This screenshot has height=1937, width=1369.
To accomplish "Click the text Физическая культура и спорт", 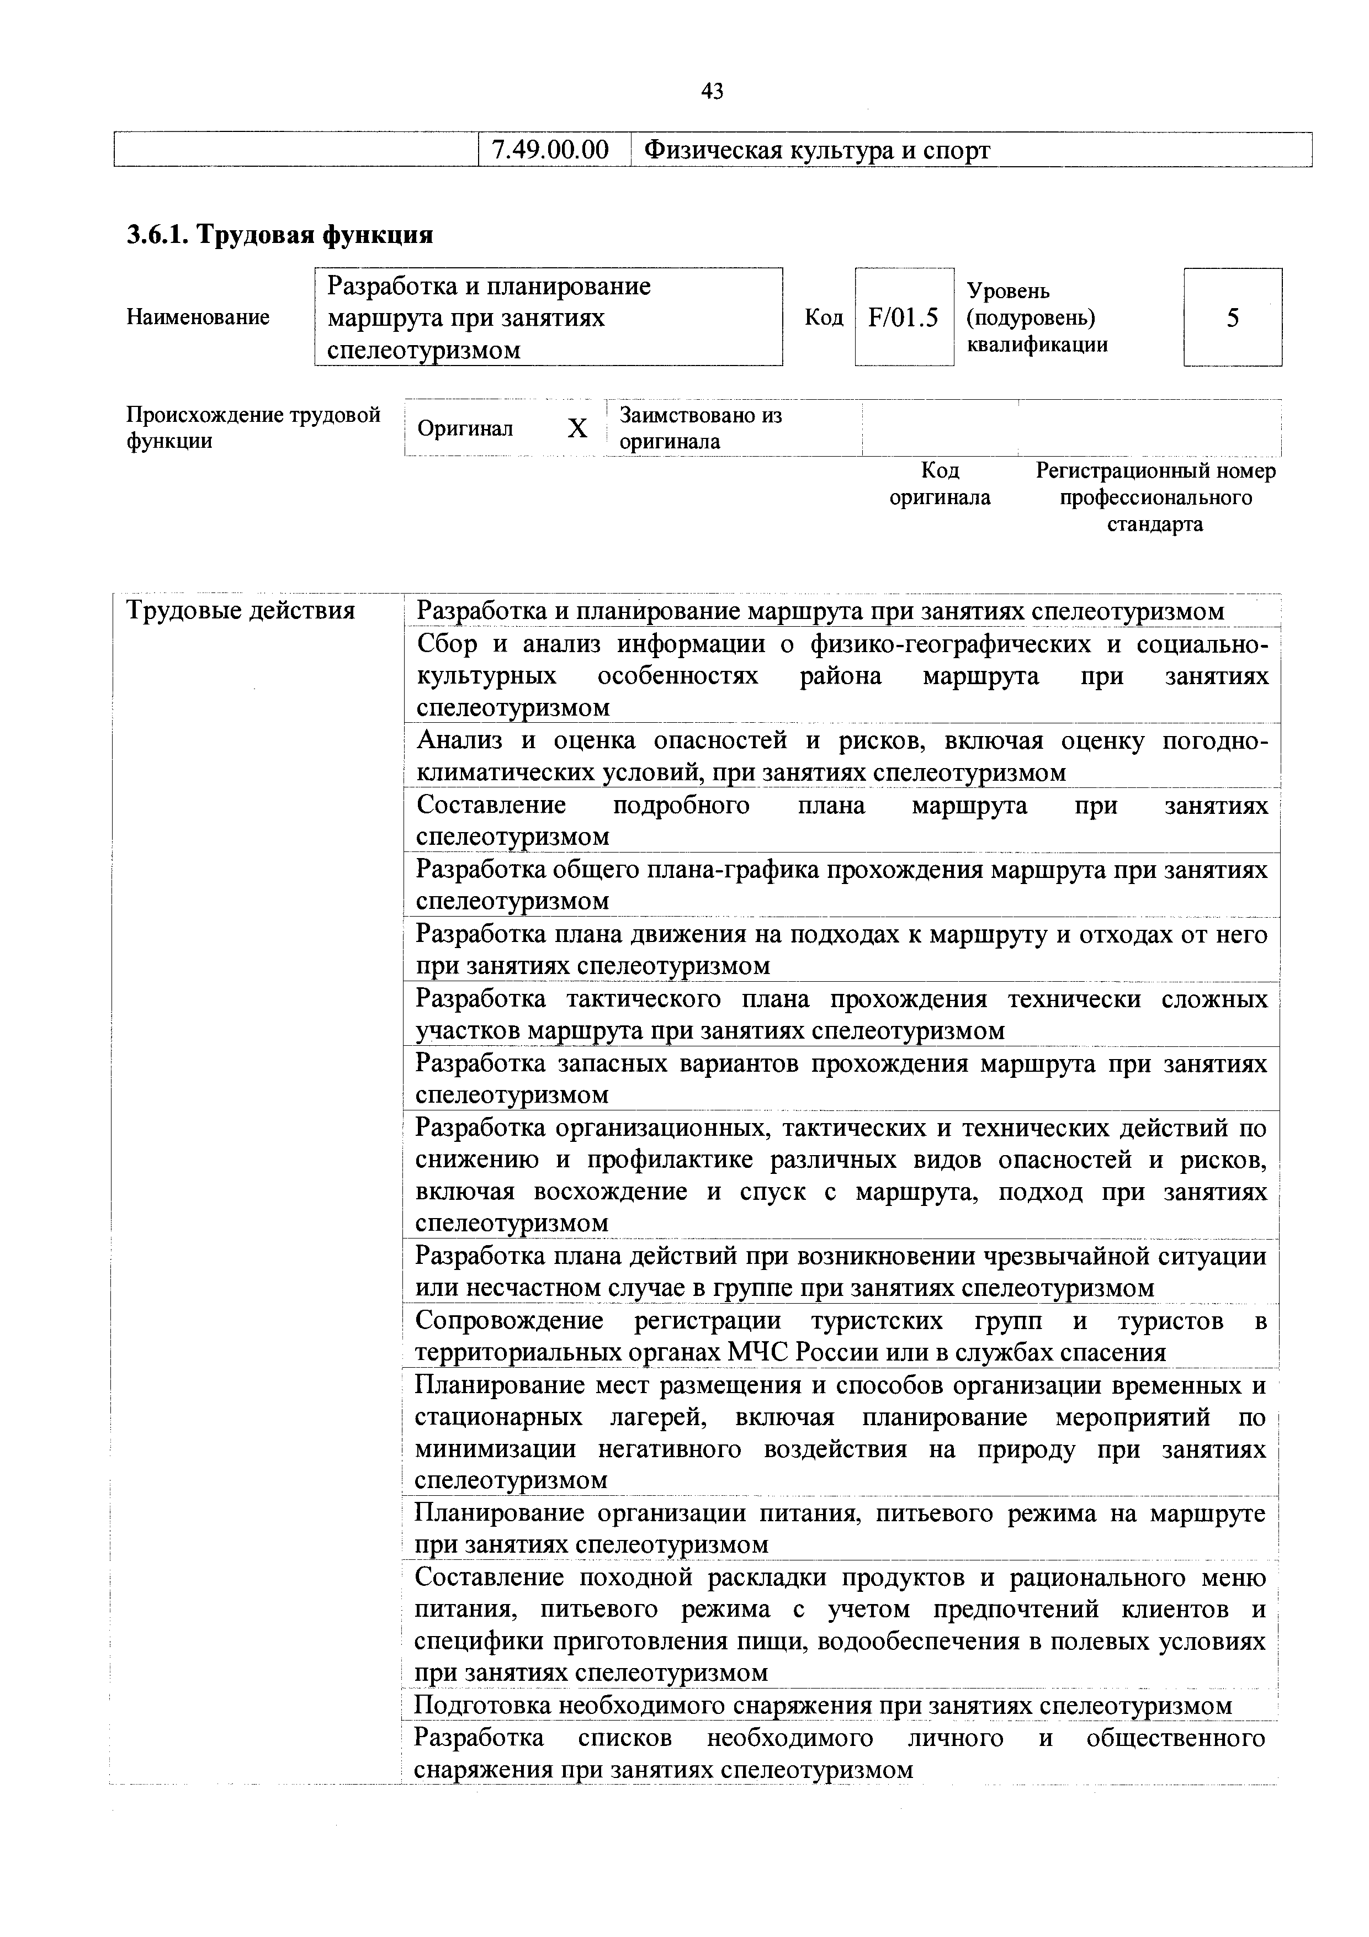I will coord(816,150).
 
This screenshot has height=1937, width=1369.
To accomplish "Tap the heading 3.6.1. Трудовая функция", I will coord(279,235).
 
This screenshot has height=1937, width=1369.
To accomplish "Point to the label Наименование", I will coord(198,317).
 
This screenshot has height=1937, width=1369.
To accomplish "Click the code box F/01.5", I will coord(904,317).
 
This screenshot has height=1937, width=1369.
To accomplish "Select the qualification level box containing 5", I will coord(1232,317).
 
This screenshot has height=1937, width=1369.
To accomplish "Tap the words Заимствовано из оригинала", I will coord(700,428).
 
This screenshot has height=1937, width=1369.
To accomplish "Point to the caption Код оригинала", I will coord(940,483).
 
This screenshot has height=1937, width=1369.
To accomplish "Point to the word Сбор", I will coord(448,644).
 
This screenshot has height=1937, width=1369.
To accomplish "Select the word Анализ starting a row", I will coord(460,740).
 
